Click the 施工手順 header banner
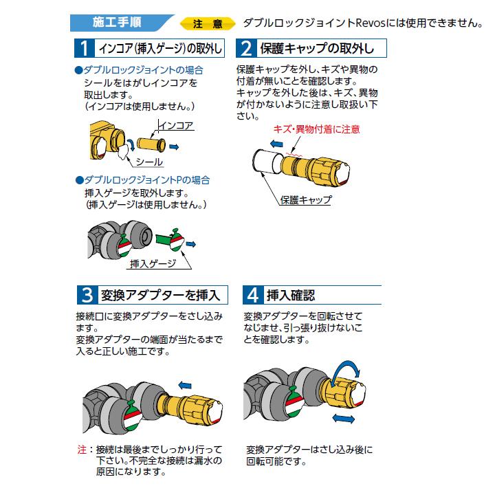coord(117,22)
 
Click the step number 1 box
coord(84,48)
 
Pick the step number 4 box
coord(252,295)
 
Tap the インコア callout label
coord(176,126)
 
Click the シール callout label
coord(148,162)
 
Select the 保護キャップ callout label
coord(306,200)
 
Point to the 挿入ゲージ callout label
coord(153,263)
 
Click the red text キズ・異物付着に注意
coord(316,129)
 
